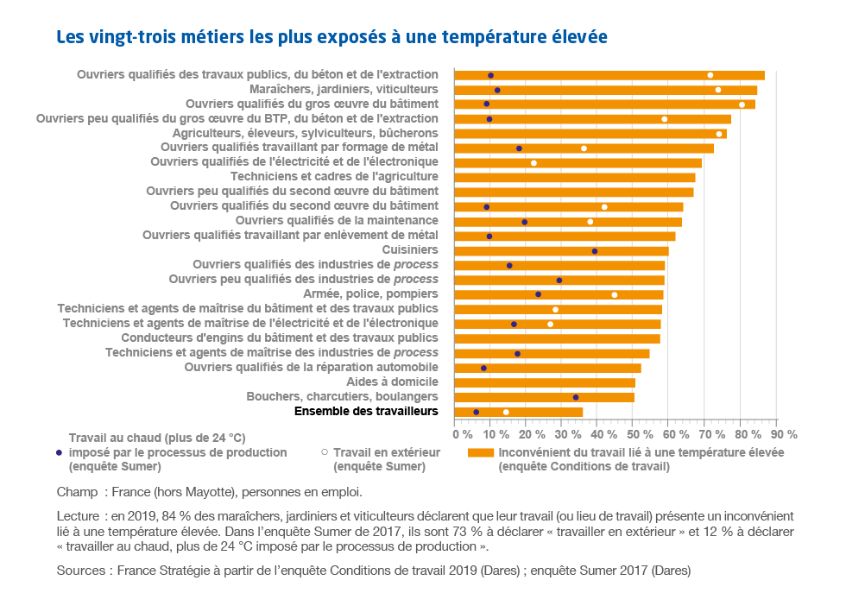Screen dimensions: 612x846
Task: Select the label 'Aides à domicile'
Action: (392, 382)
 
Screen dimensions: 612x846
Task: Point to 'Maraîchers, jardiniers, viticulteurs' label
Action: (344, 89)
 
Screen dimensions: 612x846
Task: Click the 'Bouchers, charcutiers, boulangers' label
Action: (342, 396)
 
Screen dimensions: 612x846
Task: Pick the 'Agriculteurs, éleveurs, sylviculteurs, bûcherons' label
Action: (305, 133)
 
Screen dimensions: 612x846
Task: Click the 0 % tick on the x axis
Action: (462, 434)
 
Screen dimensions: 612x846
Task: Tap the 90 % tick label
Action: (784, 434)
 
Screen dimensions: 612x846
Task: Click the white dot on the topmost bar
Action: (710, 75)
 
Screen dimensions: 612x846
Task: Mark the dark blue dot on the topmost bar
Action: (490, 75)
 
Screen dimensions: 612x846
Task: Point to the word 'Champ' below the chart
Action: (76, 493)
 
